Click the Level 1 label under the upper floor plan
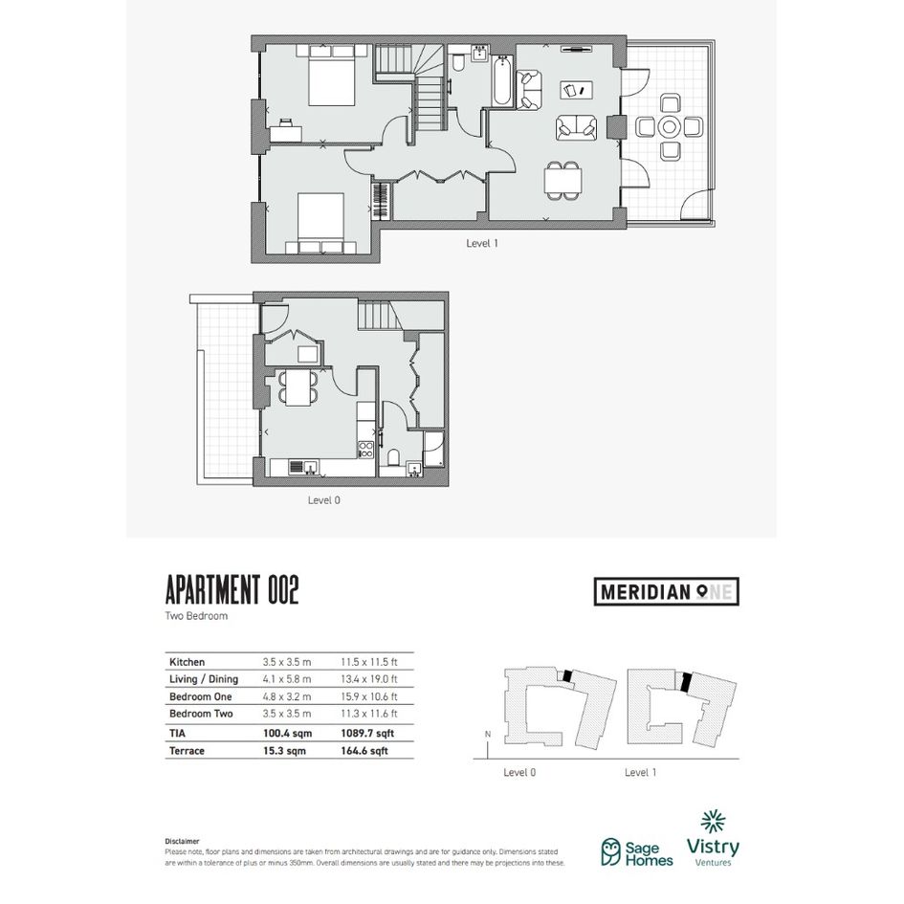(x=482, y=243)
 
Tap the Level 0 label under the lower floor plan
(x=324, y=500)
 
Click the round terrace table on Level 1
(x=669, y=127)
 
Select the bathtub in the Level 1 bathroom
(x=501, y=80)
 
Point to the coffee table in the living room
(x=577, y=90)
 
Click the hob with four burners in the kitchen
(x=365, y=450)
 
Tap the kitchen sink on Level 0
(x=303, y=467)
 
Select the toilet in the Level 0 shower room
(x=394, y=458)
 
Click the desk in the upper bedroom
(x=285, y=133)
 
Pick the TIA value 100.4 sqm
(x=287, y=734)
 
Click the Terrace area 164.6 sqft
(x=364, y=751)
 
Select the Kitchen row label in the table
(x=187, y=662)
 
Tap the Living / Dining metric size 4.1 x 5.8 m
(x=287, y=679)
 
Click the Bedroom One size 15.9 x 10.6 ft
(x=369, y=696)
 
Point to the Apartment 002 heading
(x=232, y=590)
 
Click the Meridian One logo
(x=667, y=591)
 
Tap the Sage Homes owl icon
(x=610, y=852)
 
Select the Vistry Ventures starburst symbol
(x=714, y=822)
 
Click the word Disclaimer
(x=182, y=841)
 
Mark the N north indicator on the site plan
(x=488, y=734)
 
